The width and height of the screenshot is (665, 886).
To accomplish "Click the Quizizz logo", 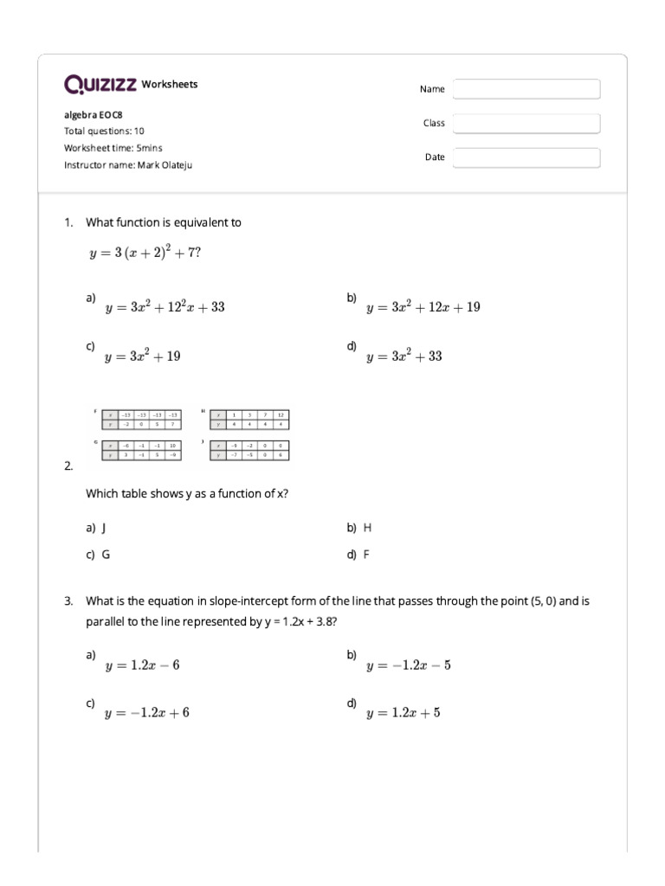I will [x=100, y=84].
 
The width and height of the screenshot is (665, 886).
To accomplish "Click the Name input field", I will [x=526, y=89].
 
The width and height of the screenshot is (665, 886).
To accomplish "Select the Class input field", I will [x=526, y=124].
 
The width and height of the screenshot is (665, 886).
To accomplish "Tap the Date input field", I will [x=526, y=157].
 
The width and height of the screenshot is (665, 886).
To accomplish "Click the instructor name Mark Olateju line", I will [x=128, y=164].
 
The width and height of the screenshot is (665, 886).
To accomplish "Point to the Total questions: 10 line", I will [x=104, y=132].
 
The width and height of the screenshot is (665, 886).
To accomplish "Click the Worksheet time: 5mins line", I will [x=113, y=148].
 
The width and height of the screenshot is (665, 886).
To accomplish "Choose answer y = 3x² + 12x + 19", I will [x=423, y=307].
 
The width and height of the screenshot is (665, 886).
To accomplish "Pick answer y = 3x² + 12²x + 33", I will [x=165, y=307].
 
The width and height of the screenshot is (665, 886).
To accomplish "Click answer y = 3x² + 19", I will [x=143, y=356].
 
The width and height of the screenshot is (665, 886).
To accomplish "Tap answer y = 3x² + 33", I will [x=404, y=356].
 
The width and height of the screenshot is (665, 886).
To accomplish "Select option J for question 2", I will [x=103, y=527].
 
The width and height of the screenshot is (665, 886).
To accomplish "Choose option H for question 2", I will [x=366, y=527].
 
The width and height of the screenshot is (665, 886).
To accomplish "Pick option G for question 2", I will [x=105, y=555].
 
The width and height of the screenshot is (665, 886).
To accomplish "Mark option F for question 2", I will [x=365, y=555].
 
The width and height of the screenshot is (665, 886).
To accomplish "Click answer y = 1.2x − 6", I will [x=142, y=665].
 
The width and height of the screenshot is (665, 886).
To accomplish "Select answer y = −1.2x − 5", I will [x=408, y=665].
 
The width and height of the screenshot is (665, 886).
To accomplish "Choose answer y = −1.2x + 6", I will [x=146, y=713].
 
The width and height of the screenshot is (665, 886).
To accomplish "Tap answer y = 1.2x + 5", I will [x=403, y=713].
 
